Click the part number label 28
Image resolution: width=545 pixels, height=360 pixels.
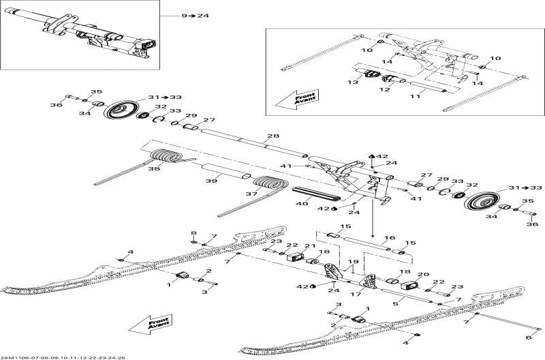tap(272, 137)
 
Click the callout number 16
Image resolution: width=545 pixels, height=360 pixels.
tap(388, 239)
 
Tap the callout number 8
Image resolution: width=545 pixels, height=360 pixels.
tap(193, 233)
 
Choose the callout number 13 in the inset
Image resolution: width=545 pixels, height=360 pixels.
tap(352, 82)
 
